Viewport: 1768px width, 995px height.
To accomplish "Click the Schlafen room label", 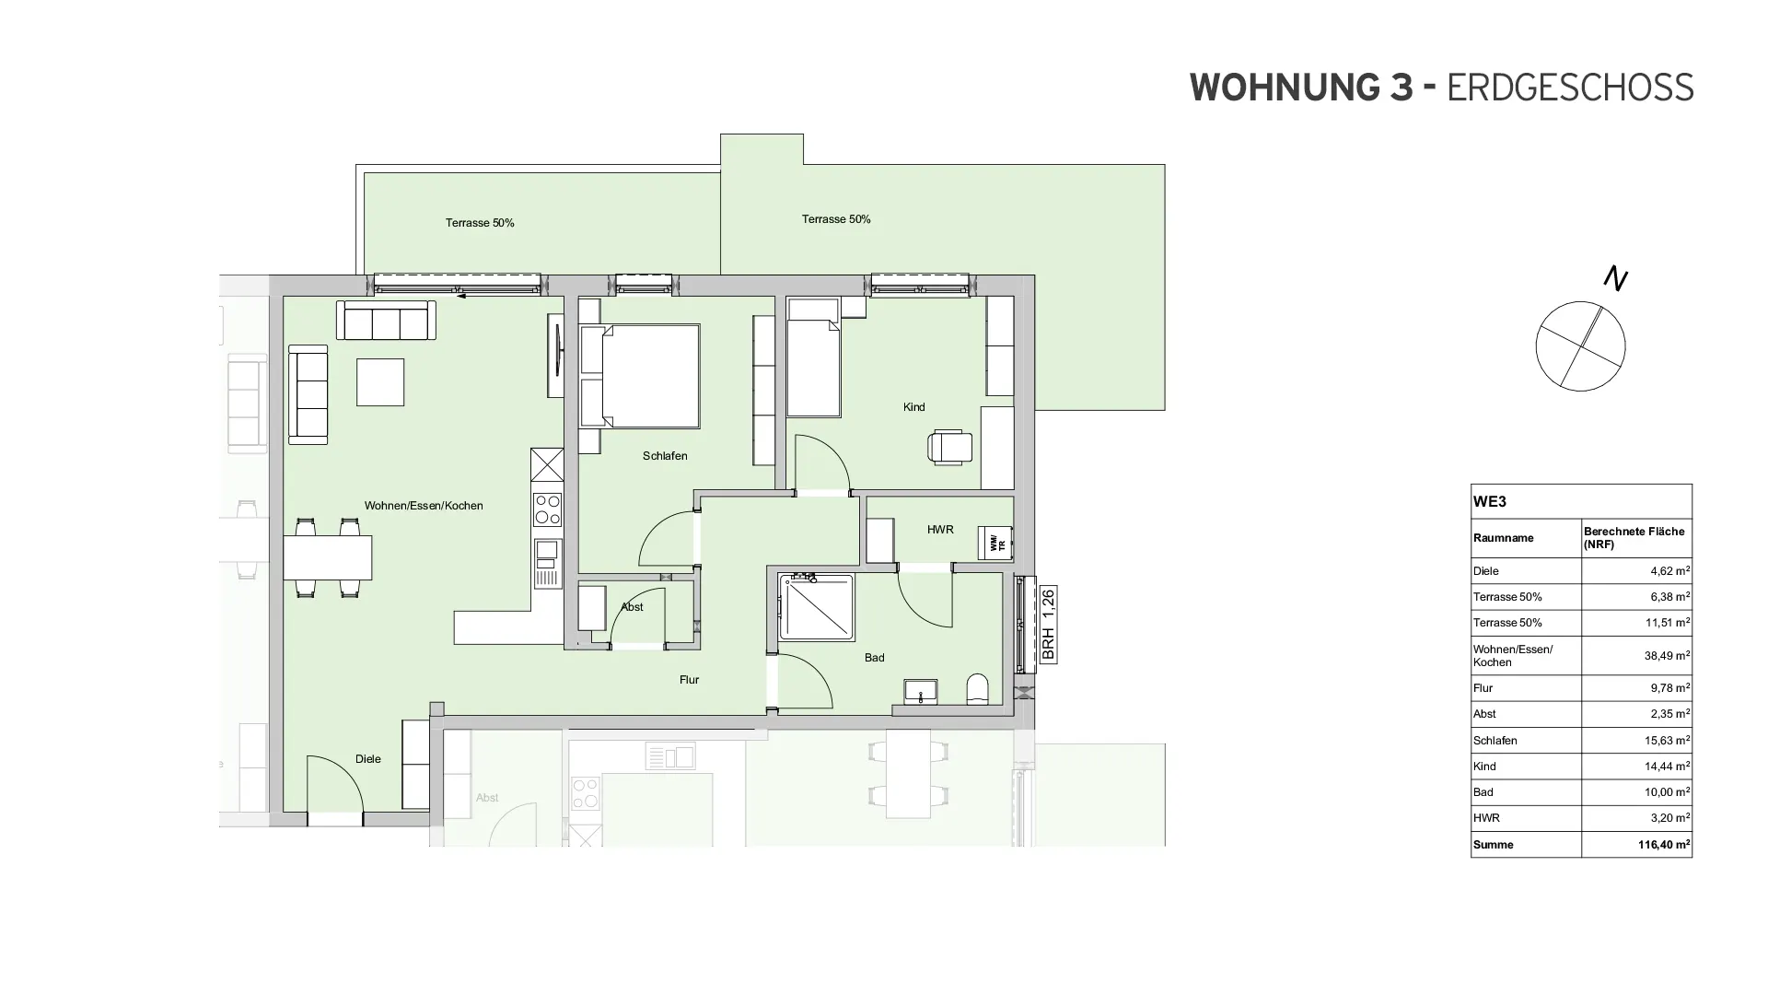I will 665,456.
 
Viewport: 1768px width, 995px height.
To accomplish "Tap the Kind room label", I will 913,407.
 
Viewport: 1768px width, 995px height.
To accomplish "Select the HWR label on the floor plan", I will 940,530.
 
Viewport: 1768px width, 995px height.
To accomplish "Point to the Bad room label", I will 874,658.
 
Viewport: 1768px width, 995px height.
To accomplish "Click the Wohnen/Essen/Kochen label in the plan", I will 424,506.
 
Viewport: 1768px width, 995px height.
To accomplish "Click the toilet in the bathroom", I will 977,689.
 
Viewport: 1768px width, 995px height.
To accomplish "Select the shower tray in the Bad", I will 816,607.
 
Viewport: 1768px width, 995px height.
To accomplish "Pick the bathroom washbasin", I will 920,691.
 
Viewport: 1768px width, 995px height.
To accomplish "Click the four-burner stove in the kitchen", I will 548,509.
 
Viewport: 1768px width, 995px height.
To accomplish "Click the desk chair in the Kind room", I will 949,446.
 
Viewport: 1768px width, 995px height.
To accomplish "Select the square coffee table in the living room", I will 380,382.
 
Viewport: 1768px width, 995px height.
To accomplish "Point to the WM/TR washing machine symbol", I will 994,543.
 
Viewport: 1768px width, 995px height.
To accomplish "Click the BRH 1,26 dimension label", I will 1048,625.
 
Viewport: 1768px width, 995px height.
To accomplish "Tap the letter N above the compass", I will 1615,277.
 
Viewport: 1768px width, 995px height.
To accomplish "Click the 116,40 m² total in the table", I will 1663,845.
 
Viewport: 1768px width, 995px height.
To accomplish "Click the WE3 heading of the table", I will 1489,502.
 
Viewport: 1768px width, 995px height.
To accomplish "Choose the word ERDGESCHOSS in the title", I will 1570,88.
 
